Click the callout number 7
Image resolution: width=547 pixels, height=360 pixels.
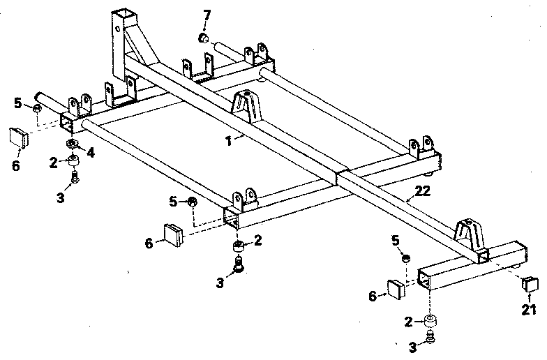pos(207,15)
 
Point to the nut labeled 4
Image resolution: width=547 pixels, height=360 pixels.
pos(72,144)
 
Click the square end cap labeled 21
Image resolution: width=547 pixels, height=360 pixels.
pos(531,283)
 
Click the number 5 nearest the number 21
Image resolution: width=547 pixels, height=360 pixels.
pos(394,241)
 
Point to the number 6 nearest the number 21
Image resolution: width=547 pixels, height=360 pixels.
pos(373,297)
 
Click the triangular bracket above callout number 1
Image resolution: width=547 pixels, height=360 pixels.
pos(246,104)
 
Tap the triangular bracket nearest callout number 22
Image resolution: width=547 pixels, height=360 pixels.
pos(470,234)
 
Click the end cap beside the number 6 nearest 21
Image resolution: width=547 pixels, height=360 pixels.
pos(395,290)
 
